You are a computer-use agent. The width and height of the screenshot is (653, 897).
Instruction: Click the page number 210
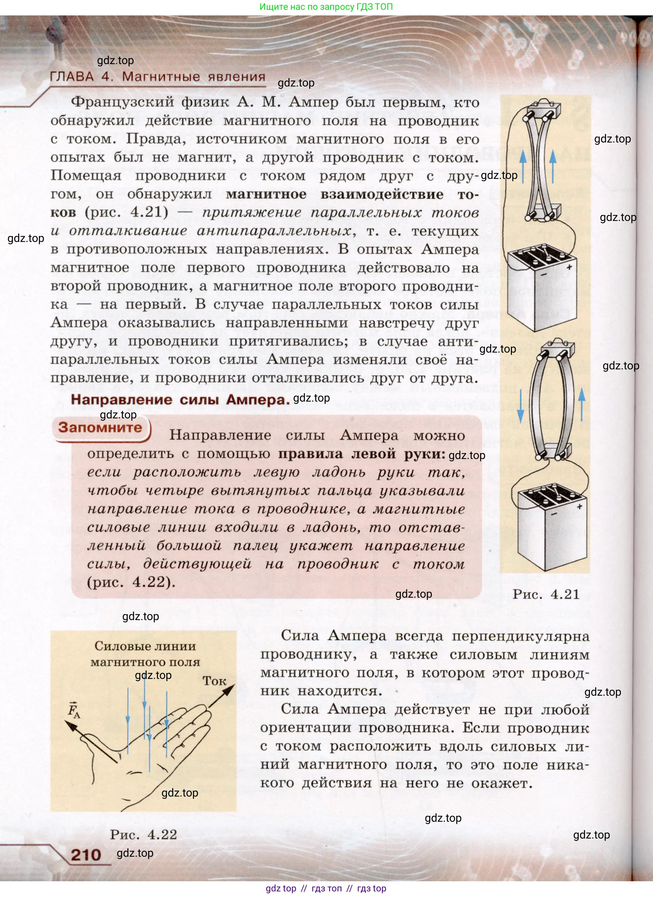(86, 854)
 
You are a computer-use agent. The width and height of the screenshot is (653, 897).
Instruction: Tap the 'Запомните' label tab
(100, 427)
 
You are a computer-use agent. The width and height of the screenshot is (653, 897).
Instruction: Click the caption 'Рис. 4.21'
(546, 594)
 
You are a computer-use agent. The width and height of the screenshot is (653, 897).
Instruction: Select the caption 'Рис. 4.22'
(143, 835)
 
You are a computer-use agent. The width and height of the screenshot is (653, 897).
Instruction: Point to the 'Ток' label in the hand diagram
(214, 681)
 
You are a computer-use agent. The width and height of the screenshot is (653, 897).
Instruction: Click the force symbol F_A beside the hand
(74, 709)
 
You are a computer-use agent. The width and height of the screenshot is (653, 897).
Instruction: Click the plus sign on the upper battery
(569, 267)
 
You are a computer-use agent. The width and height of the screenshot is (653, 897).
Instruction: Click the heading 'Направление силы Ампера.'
(180, 400)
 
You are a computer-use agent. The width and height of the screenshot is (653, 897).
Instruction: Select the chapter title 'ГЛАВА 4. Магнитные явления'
(158, 76)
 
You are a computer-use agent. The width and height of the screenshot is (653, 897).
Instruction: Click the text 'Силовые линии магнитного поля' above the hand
(145, 654)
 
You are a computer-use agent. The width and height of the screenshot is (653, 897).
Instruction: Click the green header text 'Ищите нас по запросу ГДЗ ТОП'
(326, 7)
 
